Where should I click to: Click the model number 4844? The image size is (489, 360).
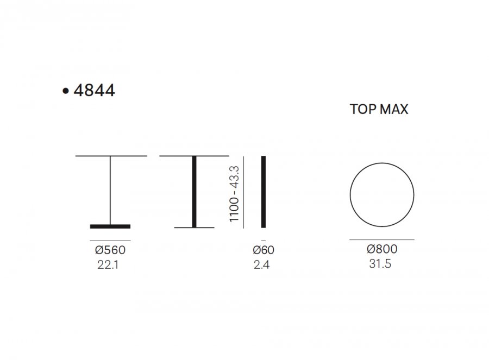[94, 90]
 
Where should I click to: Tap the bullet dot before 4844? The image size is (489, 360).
[66, 91]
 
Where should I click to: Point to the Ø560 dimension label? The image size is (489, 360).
[110, 250]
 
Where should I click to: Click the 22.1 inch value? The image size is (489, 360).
[108, 264]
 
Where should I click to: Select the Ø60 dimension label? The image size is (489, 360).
[264, 250]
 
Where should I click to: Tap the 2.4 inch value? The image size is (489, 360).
[262, 264]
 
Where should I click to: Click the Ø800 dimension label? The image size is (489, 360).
[382, 249]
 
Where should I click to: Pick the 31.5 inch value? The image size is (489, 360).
[380, 264]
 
